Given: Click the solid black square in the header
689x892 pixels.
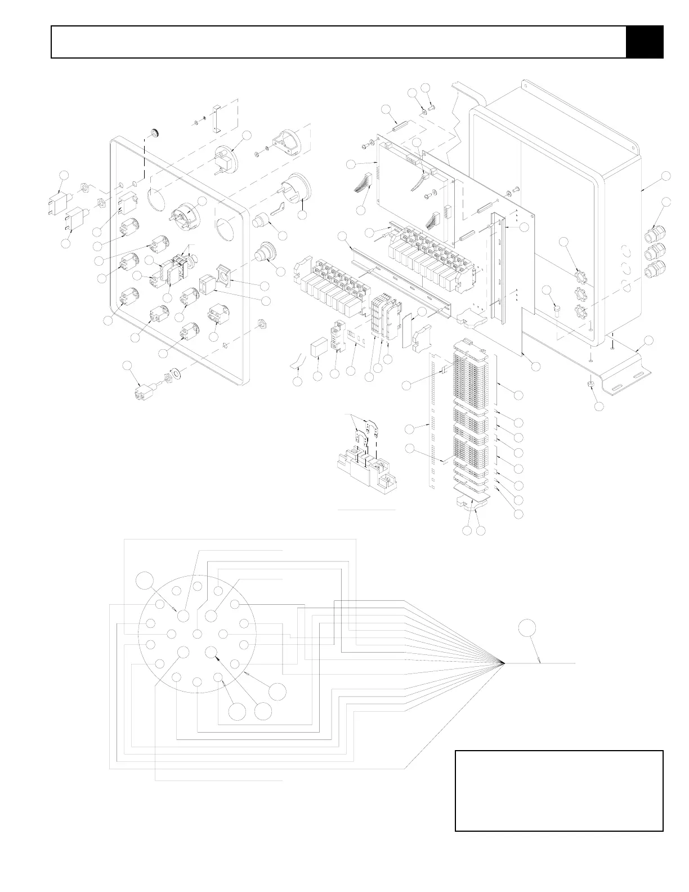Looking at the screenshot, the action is pos(645,42).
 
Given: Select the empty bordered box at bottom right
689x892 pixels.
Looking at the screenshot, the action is pos(559,790).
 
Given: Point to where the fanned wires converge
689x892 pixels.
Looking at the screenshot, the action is pos(503,663).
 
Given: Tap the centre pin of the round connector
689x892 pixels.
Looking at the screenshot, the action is pos(197,634).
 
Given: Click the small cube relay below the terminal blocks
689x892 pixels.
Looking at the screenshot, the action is pos(319,347).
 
